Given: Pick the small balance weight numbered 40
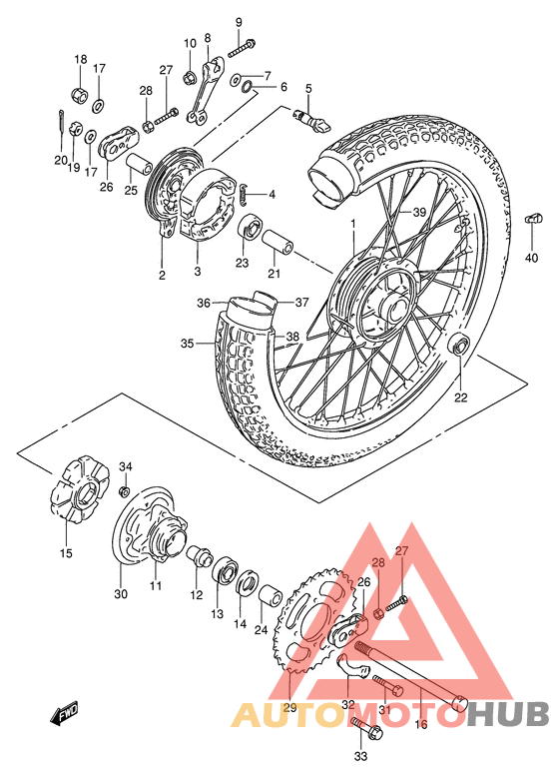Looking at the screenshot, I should point(532,219).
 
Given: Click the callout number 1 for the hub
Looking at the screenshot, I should point(351,223).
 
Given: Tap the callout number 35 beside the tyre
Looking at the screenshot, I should point(187,344).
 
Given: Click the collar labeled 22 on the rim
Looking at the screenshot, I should point(460,347).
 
